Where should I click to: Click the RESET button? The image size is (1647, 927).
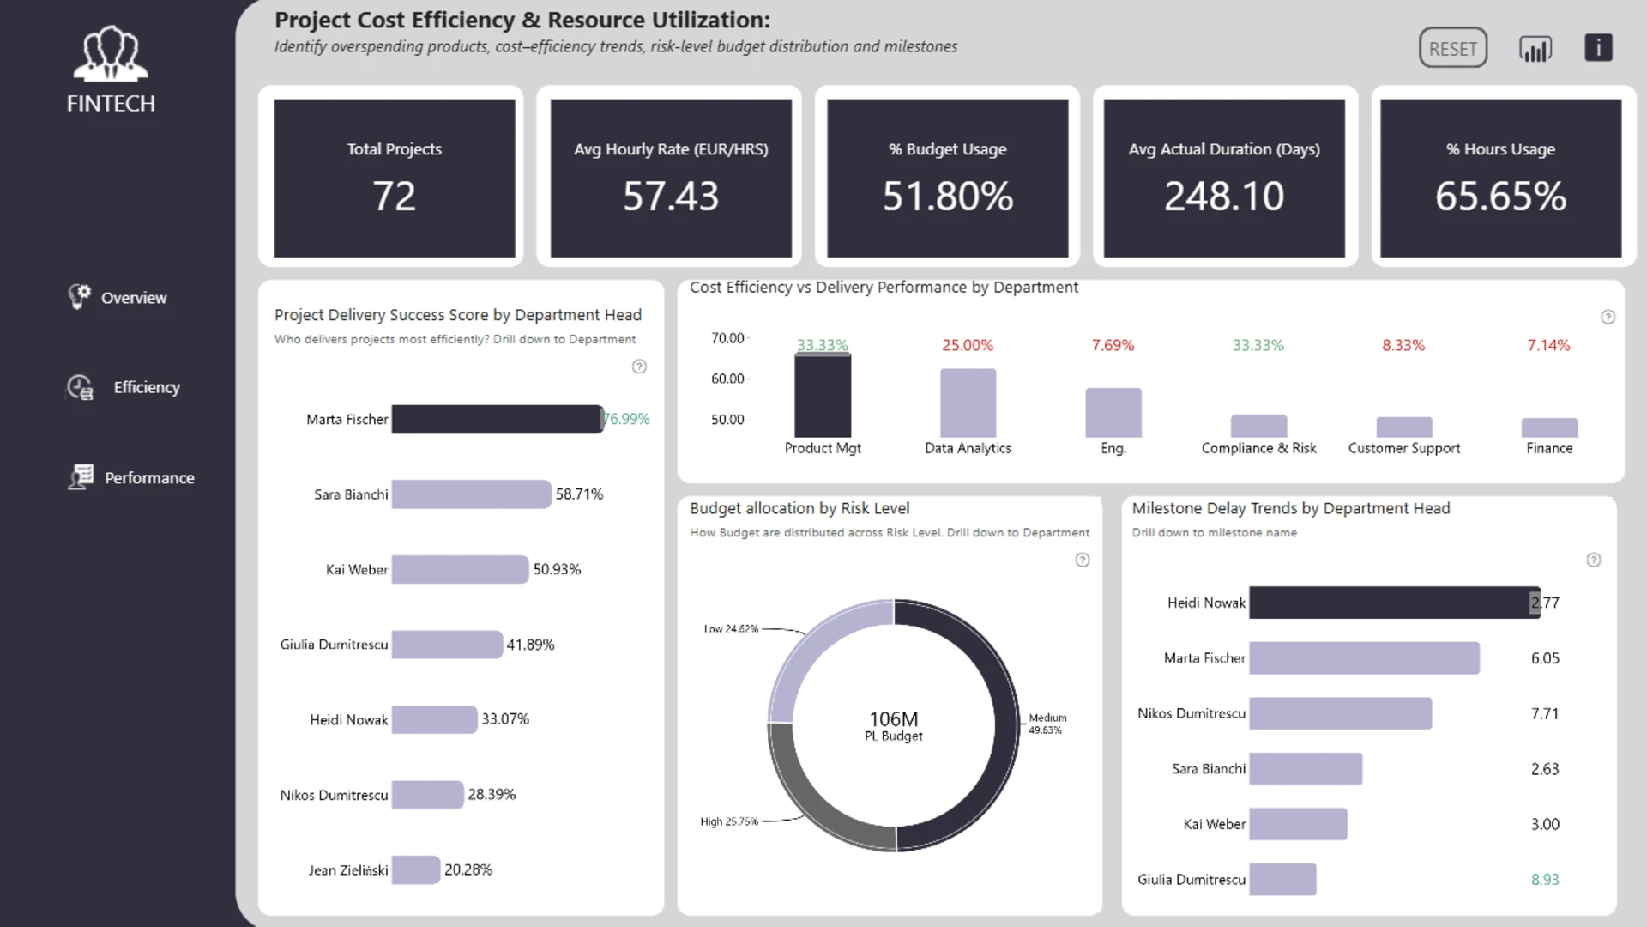1452,48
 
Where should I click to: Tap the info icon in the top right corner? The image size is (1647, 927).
1598,47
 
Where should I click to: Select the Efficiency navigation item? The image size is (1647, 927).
125,387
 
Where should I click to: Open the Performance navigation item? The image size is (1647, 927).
131,477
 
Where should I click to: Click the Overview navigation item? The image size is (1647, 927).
118,297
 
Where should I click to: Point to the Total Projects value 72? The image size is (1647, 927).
394,196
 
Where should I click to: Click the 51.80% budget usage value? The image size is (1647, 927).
948,196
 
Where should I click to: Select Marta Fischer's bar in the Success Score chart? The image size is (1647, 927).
498,419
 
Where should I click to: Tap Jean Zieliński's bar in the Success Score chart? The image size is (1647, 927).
416,869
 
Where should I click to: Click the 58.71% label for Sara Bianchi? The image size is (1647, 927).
579,494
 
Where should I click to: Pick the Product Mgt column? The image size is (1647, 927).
823,396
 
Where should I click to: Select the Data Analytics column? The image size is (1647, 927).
968,403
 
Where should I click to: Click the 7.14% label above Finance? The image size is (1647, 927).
1548,345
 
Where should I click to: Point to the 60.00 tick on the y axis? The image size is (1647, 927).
727,379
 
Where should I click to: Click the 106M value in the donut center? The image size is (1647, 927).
894,718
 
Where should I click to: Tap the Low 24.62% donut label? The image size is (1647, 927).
731,629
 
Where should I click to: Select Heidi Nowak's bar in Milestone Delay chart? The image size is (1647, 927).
1395,603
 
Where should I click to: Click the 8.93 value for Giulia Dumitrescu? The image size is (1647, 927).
1545,880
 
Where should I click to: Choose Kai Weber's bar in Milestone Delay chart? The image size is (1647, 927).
1298,824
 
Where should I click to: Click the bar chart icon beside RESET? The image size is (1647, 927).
1535,49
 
